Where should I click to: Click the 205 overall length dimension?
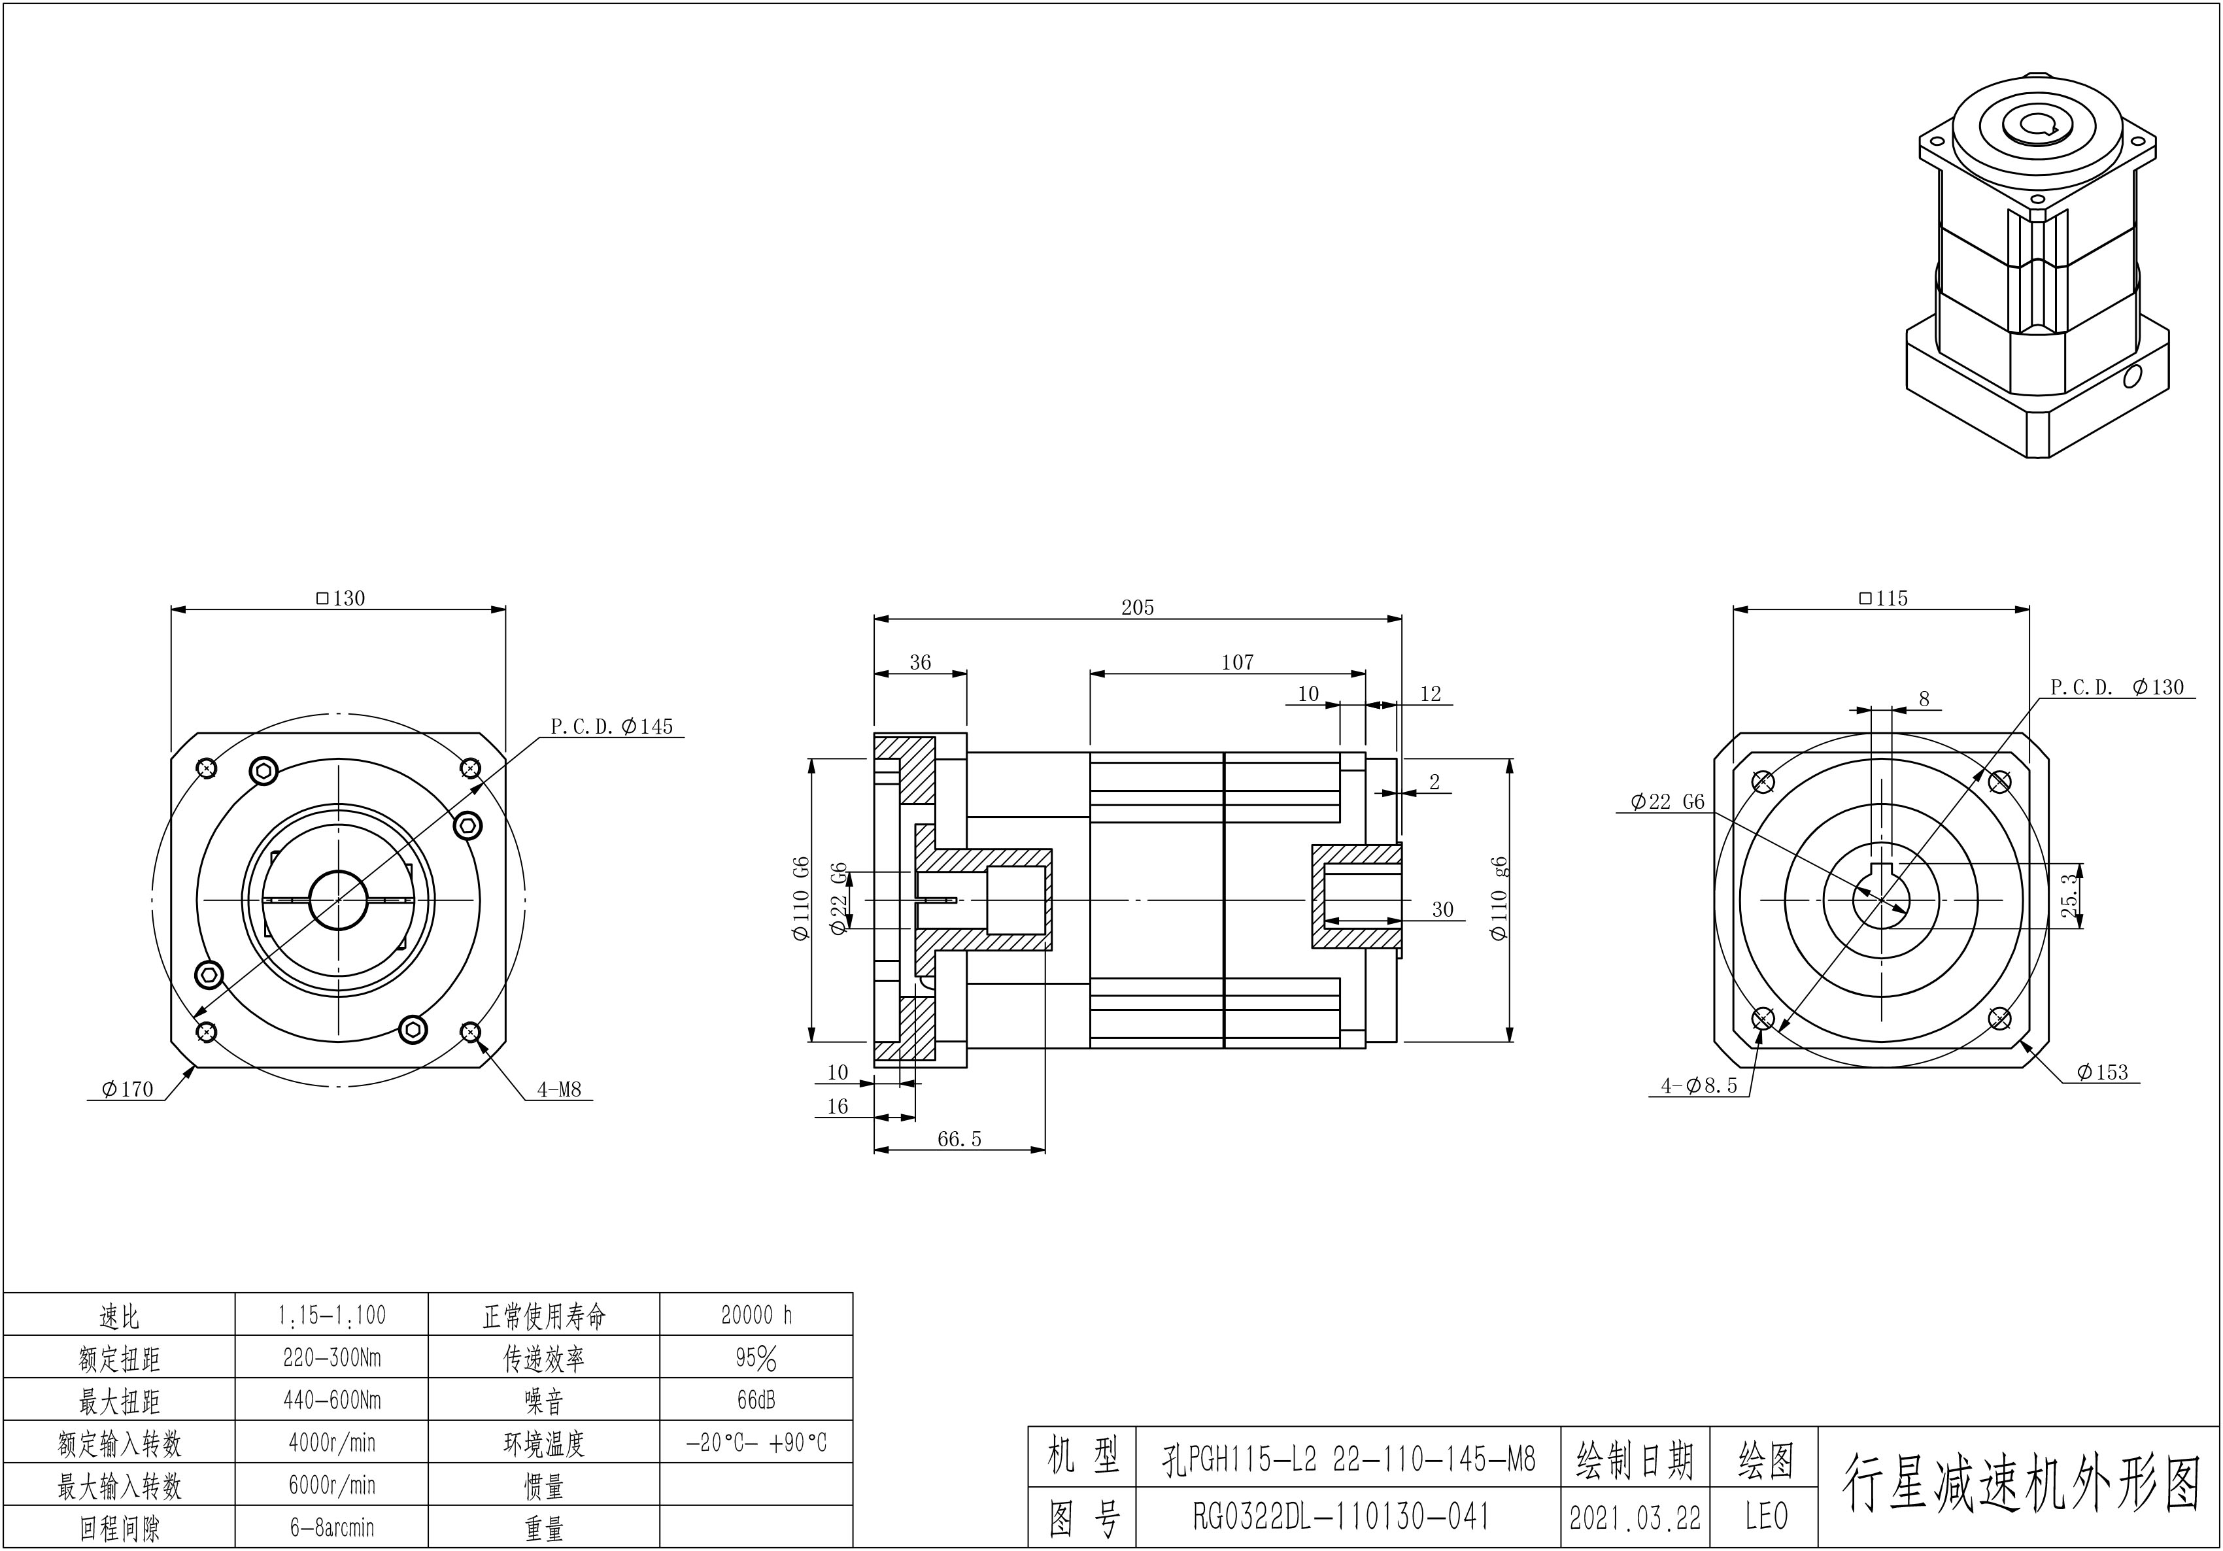tap(1138, 607)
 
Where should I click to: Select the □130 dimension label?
tap(341, 598)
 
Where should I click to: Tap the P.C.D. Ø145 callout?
tap(612, 726)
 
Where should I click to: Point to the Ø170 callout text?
tap(127, 1089)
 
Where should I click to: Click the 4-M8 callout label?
tap(560, 1089)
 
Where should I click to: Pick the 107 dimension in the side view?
tap(1236, 662)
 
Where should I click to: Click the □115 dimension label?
tap(1883, 598)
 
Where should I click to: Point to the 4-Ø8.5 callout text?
tap(1699, 1085)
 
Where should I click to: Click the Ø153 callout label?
tap(2102, 1072)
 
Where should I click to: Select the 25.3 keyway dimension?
tap(2068, 896)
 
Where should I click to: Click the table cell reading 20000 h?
tap(756, 1315)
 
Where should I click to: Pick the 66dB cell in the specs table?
tap(756, 1400)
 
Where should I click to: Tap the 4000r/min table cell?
tap(331, 1442)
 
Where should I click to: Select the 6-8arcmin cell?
tap(331, 1527)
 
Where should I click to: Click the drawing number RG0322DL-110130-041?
tap(1341, 1517)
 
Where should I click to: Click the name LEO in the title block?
tap(1765, 1517)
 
